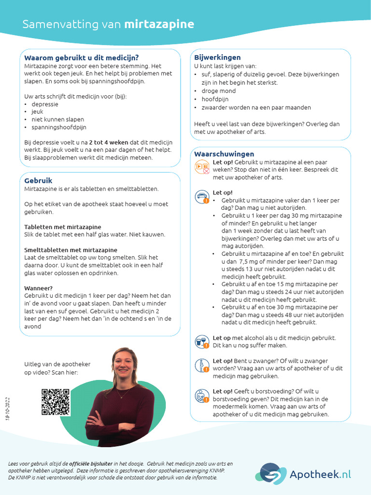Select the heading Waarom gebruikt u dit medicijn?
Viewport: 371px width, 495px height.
tap(81, 58)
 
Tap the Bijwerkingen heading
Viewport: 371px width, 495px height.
tap(217, 58)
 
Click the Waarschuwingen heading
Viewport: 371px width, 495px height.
tap(224, 154)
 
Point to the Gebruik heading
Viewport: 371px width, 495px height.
tap(38, 180)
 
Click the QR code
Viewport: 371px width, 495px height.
tap(56, 402)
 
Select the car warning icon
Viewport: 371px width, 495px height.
tap(201, 197)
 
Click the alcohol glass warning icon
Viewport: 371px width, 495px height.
tap(201, 342)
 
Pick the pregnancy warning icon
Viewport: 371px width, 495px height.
tap(201, 366)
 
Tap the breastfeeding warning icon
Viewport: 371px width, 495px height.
tap(201, 396)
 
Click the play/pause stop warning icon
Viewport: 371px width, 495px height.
tap(202, 167)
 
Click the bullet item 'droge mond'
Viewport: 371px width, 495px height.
tap(218, 91)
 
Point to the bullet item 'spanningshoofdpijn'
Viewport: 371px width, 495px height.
tap(58, 127)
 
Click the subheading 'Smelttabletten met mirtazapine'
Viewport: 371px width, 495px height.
tap(71, 250)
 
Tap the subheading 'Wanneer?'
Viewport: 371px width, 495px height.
tap(38, 288)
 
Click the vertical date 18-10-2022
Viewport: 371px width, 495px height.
tap(7, 408)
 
